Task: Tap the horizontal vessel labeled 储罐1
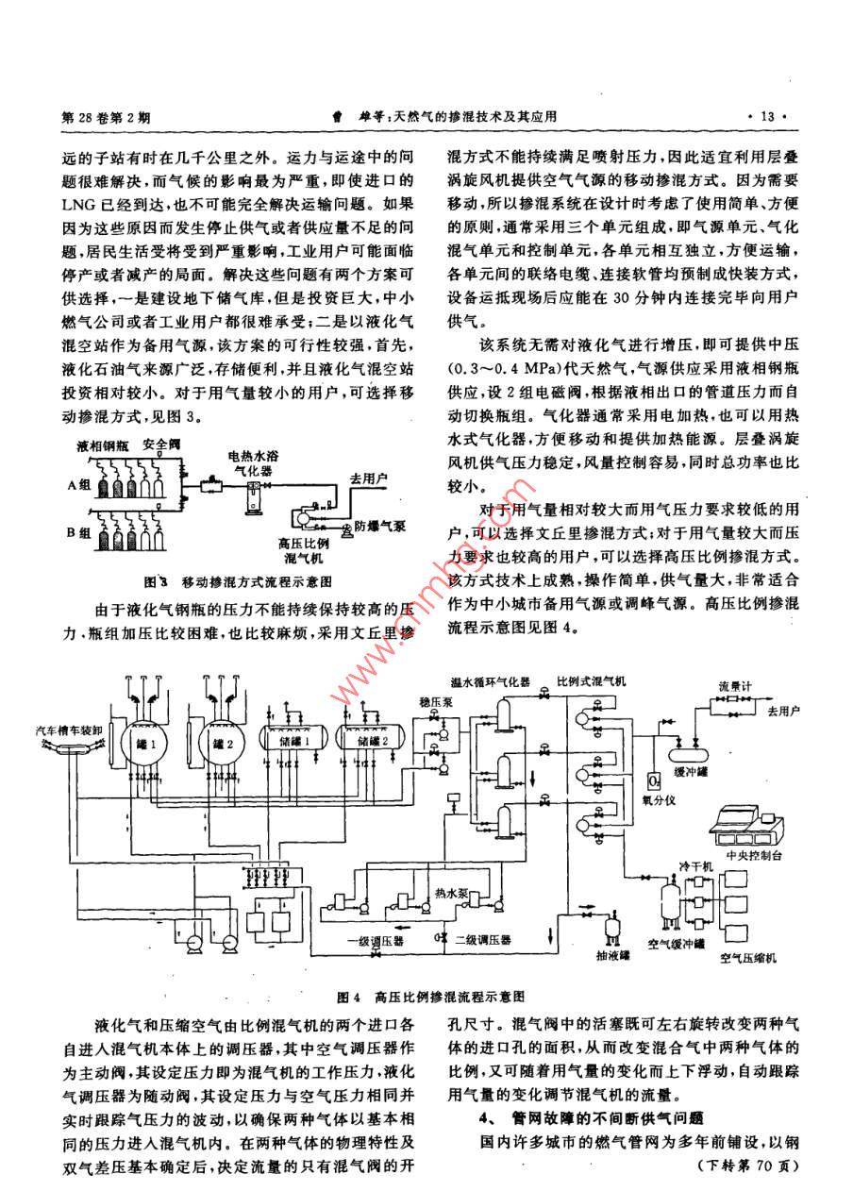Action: click(x=292, y=743)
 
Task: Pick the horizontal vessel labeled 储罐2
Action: click(x=372, y=743)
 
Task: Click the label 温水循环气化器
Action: click(x=491, y=680)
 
